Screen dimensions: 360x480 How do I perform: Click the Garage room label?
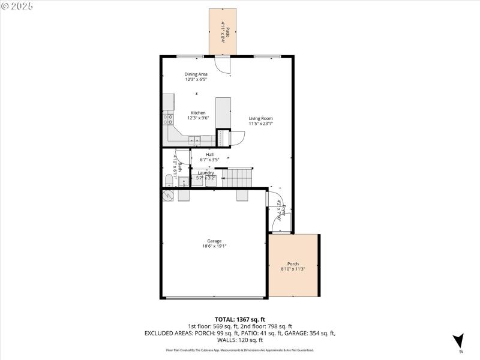214,241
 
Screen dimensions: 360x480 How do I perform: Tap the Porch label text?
293,264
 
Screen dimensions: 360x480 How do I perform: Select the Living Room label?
261,118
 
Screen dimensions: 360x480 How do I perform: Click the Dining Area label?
196,74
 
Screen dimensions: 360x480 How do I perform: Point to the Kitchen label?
198,113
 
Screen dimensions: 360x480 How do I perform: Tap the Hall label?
209,154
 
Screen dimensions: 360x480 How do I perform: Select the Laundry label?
205,173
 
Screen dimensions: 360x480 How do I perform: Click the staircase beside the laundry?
238,178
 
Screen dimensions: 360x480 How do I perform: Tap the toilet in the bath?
169,181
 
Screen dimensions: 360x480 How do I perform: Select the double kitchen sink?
195,141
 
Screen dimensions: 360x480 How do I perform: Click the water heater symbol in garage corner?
168,196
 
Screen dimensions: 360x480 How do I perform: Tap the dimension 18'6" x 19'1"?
214,246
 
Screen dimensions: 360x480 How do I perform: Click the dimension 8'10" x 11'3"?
293,269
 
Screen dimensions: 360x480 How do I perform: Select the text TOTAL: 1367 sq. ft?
239,319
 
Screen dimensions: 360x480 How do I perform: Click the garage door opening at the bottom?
214,297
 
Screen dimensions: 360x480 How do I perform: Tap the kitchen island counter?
223,112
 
